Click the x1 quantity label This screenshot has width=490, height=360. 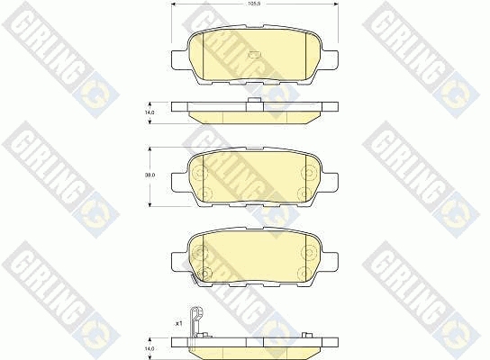pyautogui.click(x=178, y=324)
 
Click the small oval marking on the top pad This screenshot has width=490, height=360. pyautogui.click(x=253, y=55)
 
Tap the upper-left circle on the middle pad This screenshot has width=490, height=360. pyautogui.click(x=201, y=172)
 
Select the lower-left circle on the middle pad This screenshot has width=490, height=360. pyautogui.click(x=203, y=193)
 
